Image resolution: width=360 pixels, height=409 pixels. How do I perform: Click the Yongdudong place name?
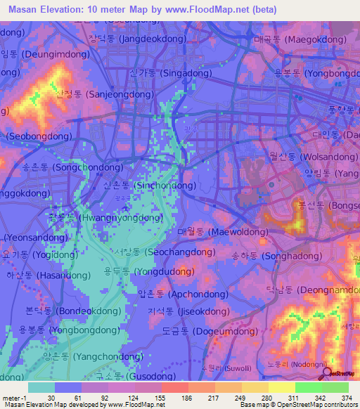coord(149,270)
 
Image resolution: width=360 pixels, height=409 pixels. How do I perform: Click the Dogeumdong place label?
coord(186,330)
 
